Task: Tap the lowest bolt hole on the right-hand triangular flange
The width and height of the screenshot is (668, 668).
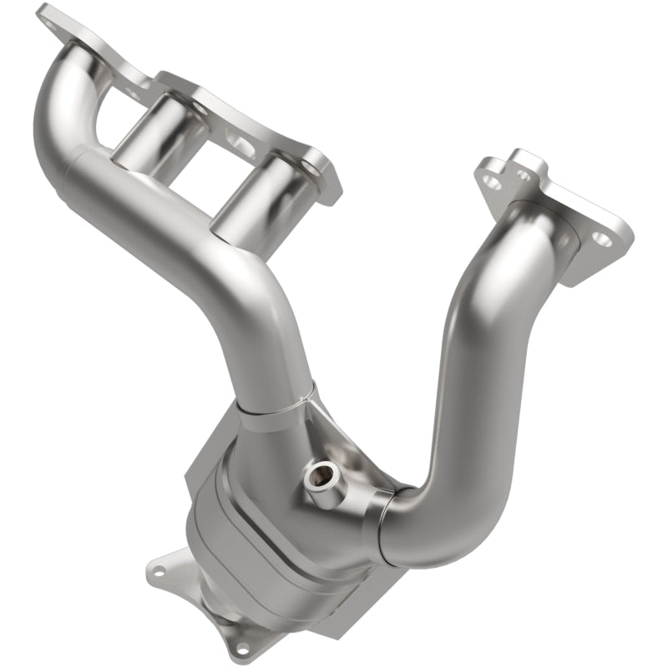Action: [x=603, y=242]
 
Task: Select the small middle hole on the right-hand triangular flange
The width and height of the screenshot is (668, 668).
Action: [x=523, y=175]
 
